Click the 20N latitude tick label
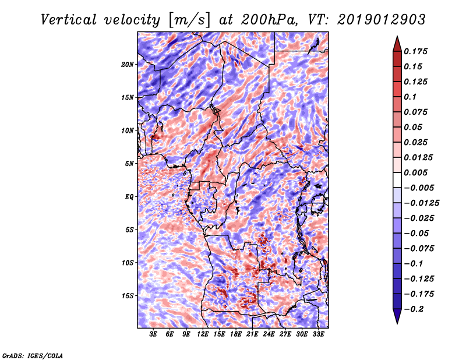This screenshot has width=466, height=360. click(128, 65)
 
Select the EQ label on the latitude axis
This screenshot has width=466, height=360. click(129, 197)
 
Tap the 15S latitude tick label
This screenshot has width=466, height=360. click(128, 296)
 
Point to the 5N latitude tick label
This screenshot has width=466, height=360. click(129, 164)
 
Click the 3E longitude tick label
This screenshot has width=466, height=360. click(153, 334)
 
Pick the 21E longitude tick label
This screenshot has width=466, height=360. click(252, 334)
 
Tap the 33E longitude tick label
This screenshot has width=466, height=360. click(318, 334)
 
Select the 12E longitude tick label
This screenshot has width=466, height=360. click(203, 334)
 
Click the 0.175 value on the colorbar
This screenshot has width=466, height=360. click(415, 51)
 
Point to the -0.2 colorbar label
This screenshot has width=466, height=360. click(414, 309)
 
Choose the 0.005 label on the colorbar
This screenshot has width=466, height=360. click(415, 172)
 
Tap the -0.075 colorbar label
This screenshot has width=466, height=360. click(419, 249)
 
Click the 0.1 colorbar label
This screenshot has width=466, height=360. click(410, 97)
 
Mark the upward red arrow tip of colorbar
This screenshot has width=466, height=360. click(397, 37)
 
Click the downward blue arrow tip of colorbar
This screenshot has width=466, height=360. click(397, 323)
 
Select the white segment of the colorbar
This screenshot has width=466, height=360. click(397, 180)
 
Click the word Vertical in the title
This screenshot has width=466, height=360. click(69, 20)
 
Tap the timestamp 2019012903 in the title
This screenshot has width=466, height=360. click(382, 20)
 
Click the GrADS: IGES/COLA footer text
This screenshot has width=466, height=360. click(33, 355)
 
